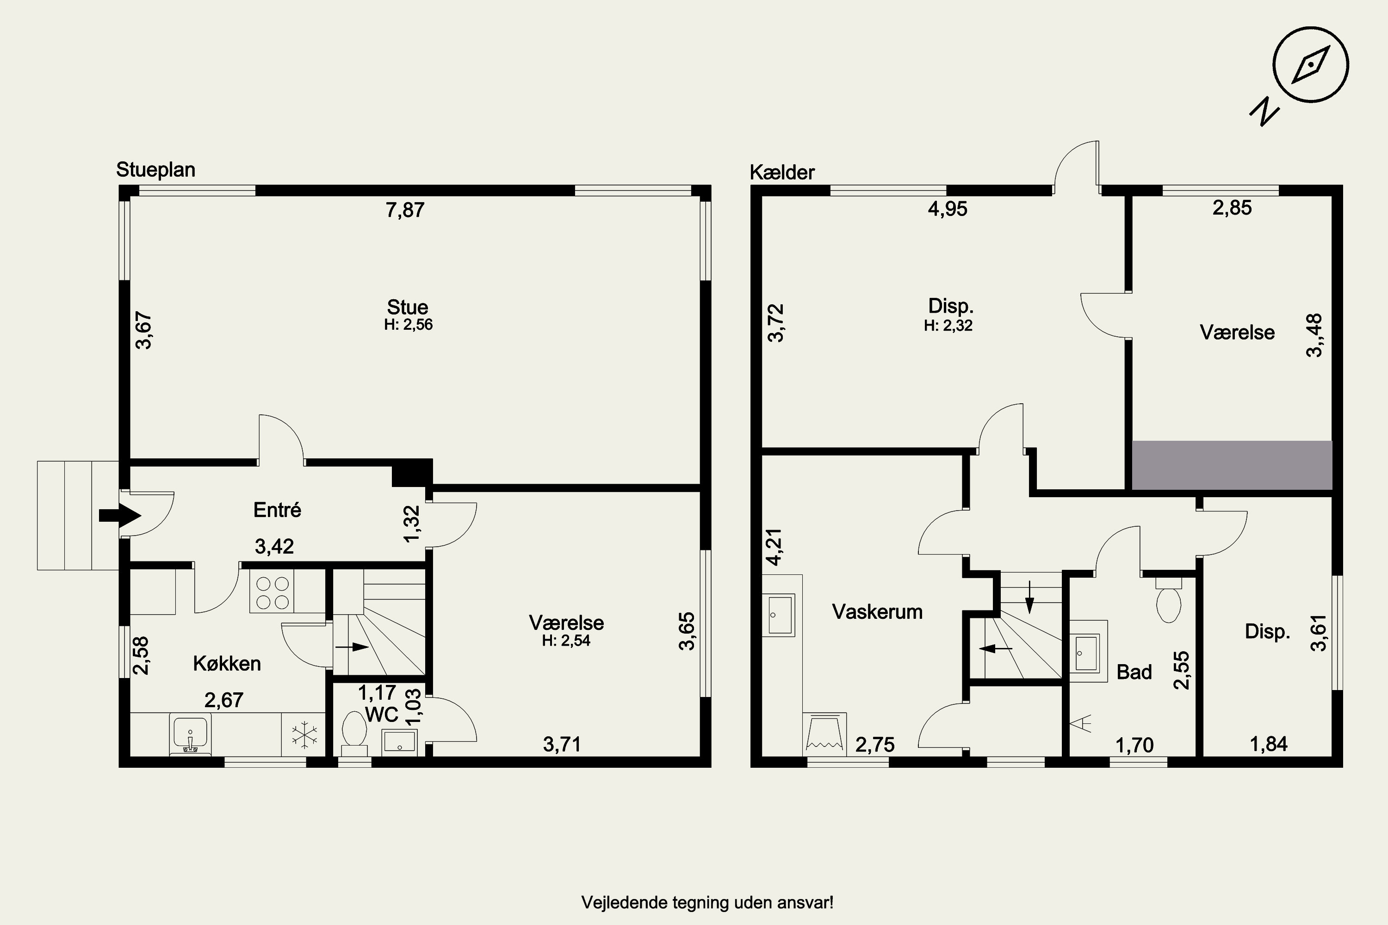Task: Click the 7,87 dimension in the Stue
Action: tap(405, 210)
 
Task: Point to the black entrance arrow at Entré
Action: tap(120, 516)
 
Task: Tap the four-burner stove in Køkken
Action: tap(272, 592)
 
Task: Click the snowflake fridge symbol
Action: tap(304, 735)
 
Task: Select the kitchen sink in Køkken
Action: tap(190, 734)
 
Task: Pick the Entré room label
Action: tap(277, 510)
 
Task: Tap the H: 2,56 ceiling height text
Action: tap(409, 325)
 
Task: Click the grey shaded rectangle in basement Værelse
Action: tap(1232, 465)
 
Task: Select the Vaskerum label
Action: tap(877, 612)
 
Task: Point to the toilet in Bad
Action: tap(1169, 599)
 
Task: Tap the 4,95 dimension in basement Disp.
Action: tap(948, 209)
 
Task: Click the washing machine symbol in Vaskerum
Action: tap(825, 734)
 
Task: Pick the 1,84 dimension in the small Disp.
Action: tap(1269, 744)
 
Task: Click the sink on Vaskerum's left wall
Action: tap(780, 615)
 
